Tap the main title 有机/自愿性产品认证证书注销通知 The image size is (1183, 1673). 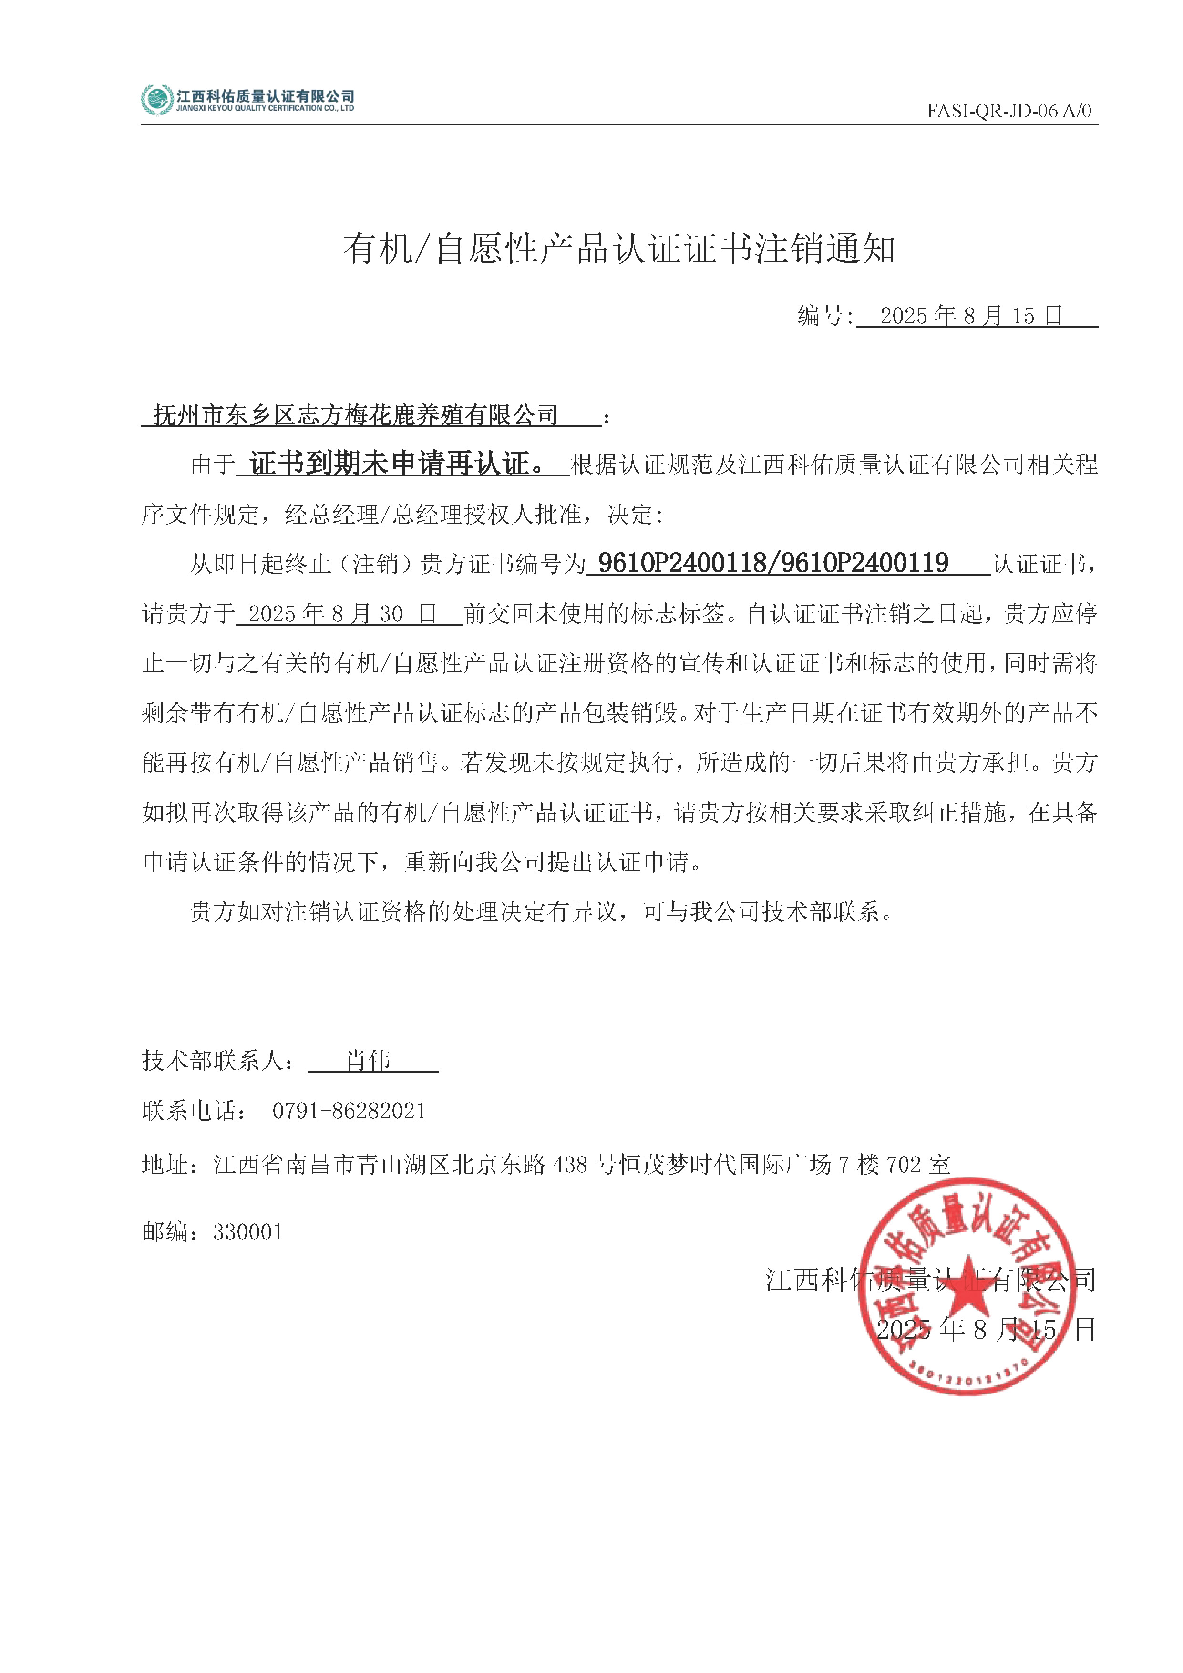(619, 249)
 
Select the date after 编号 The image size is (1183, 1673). (971, 316)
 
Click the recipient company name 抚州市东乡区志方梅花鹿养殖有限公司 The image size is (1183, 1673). (356, 415)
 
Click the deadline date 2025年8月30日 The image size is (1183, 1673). (342, 613)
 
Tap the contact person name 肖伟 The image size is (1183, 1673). (369, 1060)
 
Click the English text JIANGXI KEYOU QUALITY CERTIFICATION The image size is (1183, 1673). (265, 109)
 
